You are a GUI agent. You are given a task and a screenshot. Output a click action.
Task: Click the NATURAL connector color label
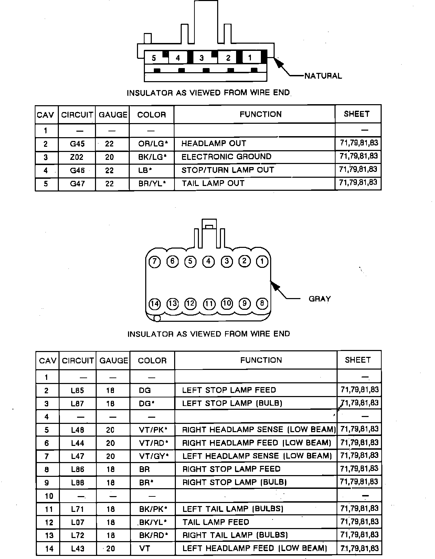point(323,76)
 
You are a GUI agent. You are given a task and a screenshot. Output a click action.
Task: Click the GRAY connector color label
point(319,299)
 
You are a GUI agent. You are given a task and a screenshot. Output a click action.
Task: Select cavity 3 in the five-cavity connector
point(202,58)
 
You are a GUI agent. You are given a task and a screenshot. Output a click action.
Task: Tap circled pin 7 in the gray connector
point(155,262)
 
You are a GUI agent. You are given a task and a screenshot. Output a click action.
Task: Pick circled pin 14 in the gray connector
point(155,304)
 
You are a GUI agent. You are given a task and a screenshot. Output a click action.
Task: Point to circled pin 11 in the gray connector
point(209,304)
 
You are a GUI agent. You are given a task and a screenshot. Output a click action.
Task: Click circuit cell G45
point(77,144)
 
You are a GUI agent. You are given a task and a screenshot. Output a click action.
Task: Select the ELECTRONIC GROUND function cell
point(226,157)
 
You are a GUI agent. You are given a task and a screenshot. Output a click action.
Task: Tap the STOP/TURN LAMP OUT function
point(227,170)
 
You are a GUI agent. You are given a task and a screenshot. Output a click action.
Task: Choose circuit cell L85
point(77,391)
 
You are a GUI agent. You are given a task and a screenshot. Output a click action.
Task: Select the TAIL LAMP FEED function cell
point(216,522)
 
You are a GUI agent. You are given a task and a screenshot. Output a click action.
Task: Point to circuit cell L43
point(77,549)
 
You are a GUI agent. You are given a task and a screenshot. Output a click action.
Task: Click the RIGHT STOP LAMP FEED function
point(231,469)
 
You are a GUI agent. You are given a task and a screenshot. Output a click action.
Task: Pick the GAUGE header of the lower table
point(113,361)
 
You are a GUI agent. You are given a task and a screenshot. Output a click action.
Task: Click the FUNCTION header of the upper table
point(261,114)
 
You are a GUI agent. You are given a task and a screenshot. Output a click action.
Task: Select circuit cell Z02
point(77,157)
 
